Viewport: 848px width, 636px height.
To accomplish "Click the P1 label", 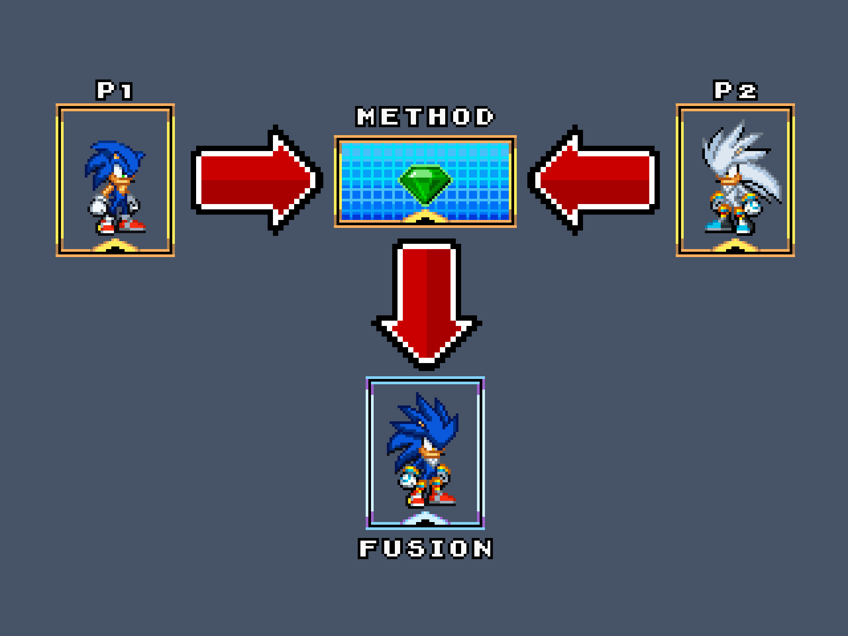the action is [x=115, y=91].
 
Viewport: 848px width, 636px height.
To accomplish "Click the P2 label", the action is [x=735, y=91].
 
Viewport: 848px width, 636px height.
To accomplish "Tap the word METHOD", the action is [x=425, y=117].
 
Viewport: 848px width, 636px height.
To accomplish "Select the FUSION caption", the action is [x=425, y=549].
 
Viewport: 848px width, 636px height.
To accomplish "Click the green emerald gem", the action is [x=425, y=184].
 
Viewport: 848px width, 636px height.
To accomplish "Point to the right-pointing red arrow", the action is [x=257, y=180].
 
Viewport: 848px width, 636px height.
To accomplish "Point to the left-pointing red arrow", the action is [x=593, y=180].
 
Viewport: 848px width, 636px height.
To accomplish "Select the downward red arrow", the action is [x=426, y=304].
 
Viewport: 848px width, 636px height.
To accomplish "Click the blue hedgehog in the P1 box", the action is [x=115, y=187].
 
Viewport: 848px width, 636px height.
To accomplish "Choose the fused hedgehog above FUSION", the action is [x=423, y=450].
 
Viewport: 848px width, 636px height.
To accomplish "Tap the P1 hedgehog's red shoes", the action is [x=121, y=226].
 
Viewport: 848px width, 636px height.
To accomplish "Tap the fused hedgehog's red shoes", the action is [x=431, y=499].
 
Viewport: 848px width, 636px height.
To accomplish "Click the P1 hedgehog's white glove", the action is [x=98, y=206].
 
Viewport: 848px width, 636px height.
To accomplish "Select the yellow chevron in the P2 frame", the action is [x=735, y=246].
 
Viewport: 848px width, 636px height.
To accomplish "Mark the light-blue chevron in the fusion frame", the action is [x=425, y=519].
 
